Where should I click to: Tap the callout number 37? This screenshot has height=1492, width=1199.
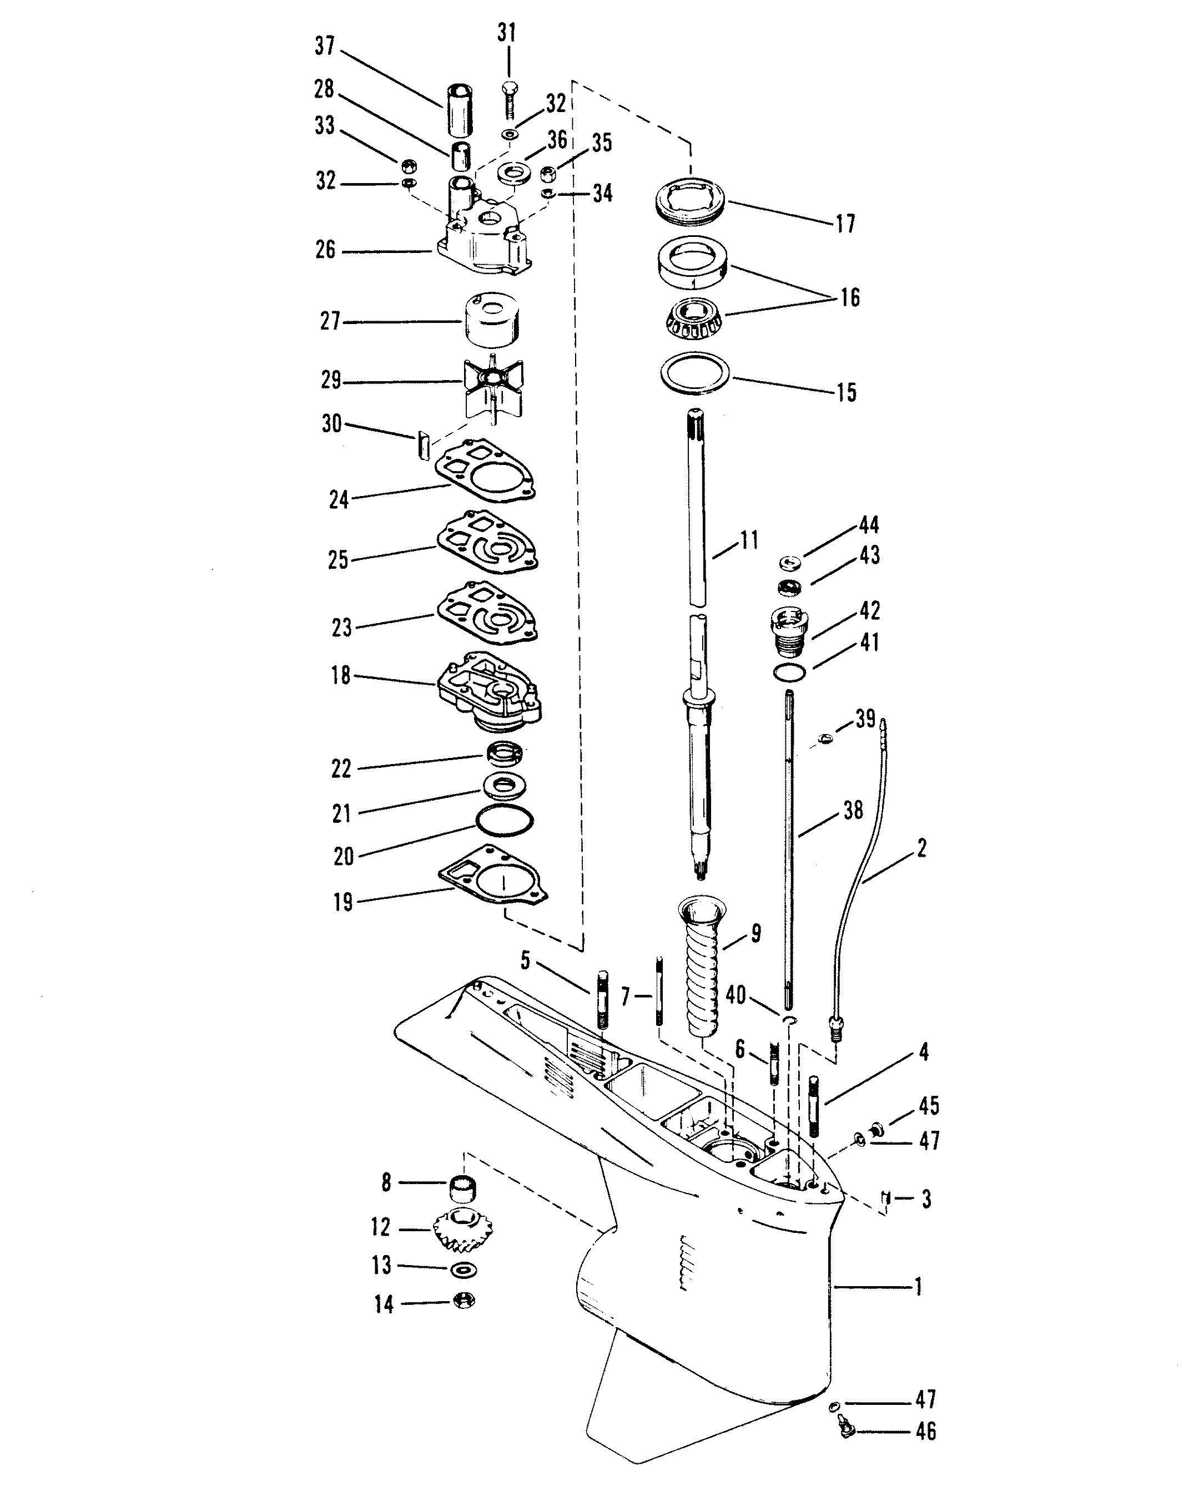click(325, 47)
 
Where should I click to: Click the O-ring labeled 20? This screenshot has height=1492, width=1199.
click(505, 820)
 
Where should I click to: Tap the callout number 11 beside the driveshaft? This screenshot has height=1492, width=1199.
click(749, 540)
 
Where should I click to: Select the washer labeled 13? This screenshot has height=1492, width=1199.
click(463, 1269)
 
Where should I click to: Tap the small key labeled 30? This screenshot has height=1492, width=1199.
click(424, 445)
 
